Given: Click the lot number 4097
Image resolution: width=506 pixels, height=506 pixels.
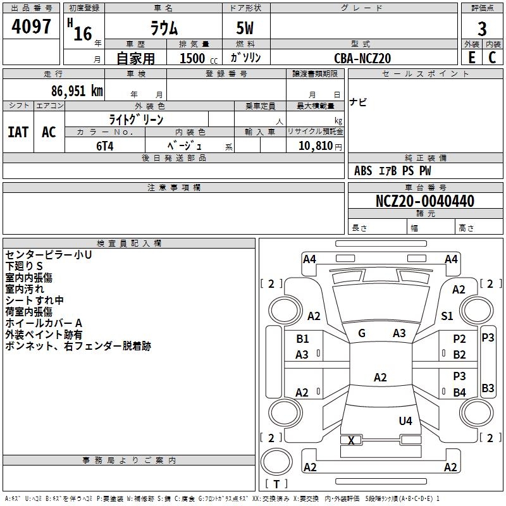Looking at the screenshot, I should [32, 28].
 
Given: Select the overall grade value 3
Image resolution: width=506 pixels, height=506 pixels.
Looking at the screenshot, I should [482, 28].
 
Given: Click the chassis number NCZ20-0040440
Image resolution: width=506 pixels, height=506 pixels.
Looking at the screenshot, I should [424, 201].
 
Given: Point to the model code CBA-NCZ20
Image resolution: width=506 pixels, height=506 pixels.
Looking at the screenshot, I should [362, 58].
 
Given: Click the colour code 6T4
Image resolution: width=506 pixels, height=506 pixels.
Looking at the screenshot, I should [102, 145].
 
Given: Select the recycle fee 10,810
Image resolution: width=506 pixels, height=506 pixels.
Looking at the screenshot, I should [314, 145].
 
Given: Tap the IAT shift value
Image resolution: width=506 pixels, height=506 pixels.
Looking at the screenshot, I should [18, 132].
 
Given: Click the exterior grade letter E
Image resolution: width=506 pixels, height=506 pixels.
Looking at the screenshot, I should [471, 57].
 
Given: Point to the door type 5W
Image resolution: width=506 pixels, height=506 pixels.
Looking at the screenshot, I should [245, 28].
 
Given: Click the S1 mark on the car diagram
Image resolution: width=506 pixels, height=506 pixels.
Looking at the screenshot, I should [447, 316].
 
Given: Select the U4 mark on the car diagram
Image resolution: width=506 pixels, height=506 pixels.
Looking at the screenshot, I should [405, 421].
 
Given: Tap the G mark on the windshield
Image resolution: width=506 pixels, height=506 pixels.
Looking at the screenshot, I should [362, 333].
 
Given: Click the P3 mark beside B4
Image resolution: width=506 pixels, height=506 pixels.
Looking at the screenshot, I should [459, 376].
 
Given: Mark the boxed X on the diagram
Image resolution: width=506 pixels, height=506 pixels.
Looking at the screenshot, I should [352, 440].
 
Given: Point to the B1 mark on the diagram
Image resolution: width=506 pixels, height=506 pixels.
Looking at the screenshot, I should [303, 339].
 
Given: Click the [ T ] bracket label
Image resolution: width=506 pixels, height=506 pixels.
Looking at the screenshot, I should [276, 484].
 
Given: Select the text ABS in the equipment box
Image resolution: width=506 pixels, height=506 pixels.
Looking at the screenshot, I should [363, 171].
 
